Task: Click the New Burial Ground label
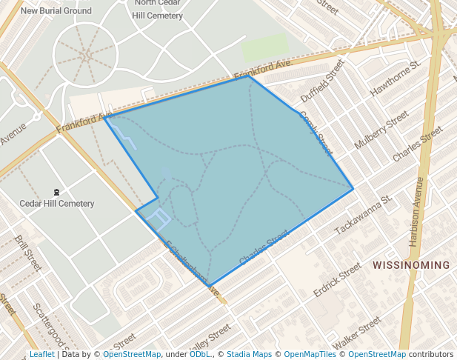point(56,11)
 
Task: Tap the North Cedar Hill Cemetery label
point(159,10)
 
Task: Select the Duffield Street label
point(323,82)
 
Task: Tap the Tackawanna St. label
point(364,216)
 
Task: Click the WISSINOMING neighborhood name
point(411,264)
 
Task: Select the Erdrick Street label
point(337,279)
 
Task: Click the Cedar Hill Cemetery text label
point(57,204)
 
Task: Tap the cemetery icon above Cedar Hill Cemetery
point(57,192)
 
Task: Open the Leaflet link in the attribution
point(41,354)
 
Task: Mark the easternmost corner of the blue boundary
point(353,189)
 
